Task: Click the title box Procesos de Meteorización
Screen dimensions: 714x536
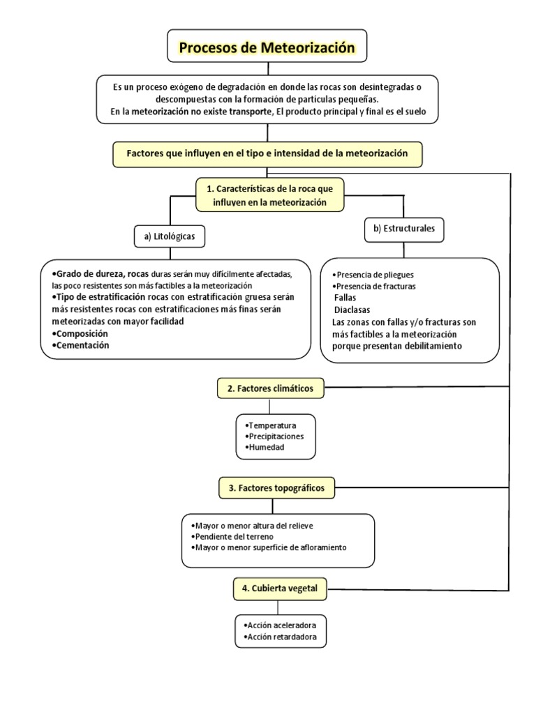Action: click(x=268, y=48)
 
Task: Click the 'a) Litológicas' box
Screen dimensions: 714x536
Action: click(x=170, y=237)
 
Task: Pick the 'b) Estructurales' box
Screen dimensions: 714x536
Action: click(x=404, y=229)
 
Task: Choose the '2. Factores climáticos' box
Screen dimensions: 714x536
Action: click(x=270, y=388)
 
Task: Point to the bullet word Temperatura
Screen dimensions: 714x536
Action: click(x=272, y=425)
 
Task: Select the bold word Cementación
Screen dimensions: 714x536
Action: click(x=82, y=345)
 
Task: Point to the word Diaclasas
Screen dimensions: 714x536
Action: click(x=352, y=309)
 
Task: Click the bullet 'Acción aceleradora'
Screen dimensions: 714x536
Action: click(x=281, y=625)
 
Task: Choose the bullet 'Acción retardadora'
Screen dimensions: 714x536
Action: click(x=281, y=637)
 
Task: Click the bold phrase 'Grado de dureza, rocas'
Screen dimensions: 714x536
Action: click(x=100, y=273)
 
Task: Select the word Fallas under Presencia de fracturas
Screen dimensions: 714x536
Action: click(x=345, y=297)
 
